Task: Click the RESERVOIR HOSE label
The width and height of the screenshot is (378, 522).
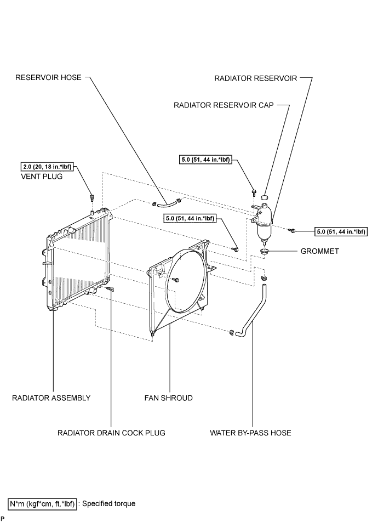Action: point(48,77)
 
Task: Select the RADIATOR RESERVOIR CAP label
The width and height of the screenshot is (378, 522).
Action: point(224,105)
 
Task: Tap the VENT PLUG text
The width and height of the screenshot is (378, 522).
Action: point(42,176)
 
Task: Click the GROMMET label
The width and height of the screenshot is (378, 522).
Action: point(319,251)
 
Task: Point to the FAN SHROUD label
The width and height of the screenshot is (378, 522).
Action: point(168,398)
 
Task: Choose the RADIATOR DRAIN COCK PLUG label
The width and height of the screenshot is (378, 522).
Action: point(111,433)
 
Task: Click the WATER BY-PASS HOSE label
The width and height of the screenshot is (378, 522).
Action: point(250,433)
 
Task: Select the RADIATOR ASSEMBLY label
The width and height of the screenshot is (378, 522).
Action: point(51,398)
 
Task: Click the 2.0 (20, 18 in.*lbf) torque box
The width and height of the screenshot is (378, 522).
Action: point(47,167)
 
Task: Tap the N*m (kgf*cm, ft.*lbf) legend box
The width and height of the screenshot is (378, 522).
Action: point(42,504)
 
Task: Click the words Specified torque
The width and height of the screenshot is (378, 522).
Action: point(109,504)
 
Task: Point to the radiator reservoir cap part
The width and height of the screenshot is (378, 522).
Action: point(265,197)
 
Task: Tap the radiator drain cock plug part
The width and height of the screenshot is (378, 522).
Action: point(110,289)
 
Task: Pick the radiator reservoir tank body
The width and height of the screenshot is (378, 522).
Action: point(264,223)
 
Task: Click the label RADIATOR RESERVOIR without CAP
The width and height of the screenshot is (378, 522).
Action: point(255,78)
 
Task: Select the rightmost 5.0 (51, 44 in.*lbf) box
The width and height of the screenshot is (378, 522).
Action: point(341,232)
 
